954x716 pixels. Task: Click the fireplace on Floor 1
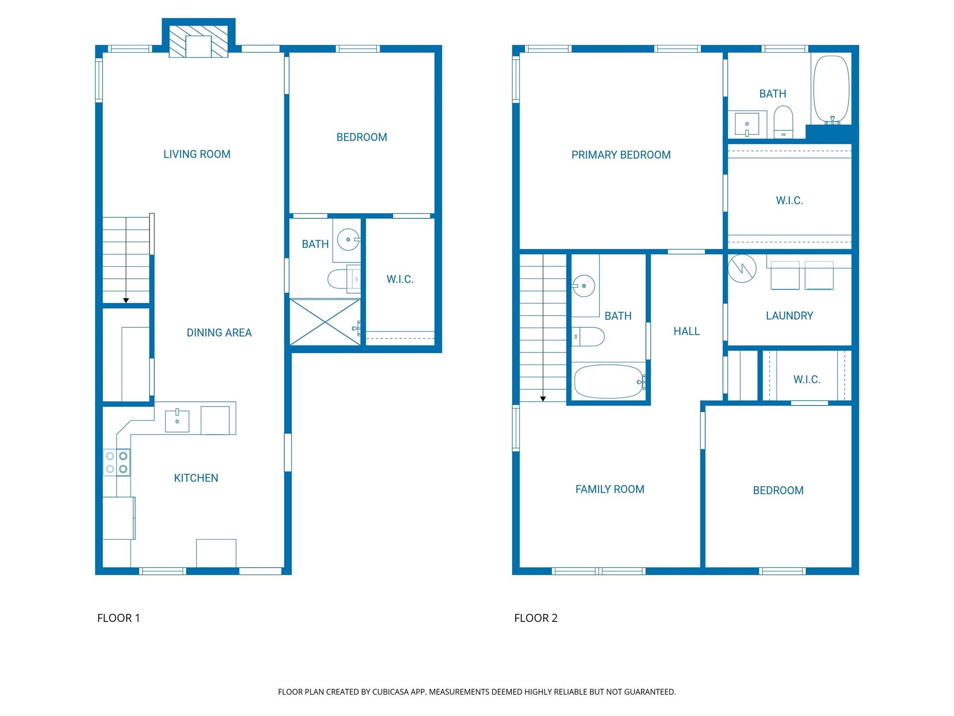198,41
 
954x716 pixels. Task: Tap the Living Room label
197,154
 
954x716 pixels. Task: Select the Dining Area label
219,333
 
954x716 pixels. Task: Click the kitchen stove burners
116,462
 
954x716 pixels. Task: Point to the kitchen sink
177,421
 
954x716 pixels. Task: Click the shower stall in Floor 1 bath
325,322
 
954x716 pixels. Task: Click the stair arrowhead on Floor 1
126,301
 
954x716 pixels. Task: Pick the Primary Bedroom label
621,155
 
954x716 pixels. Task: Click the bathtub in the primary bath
831,90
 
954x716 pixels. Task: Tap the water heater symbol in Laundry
742,268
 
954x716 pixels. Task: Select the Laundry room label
790,316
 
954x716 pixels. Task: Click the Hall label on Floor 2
687,331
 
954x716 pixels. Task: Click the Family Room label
610,489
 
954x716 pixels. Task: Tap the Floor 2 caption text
536,618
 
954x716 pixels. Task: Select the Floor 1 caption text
118,618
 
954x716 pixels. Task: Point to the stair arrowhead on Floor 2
543,399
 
